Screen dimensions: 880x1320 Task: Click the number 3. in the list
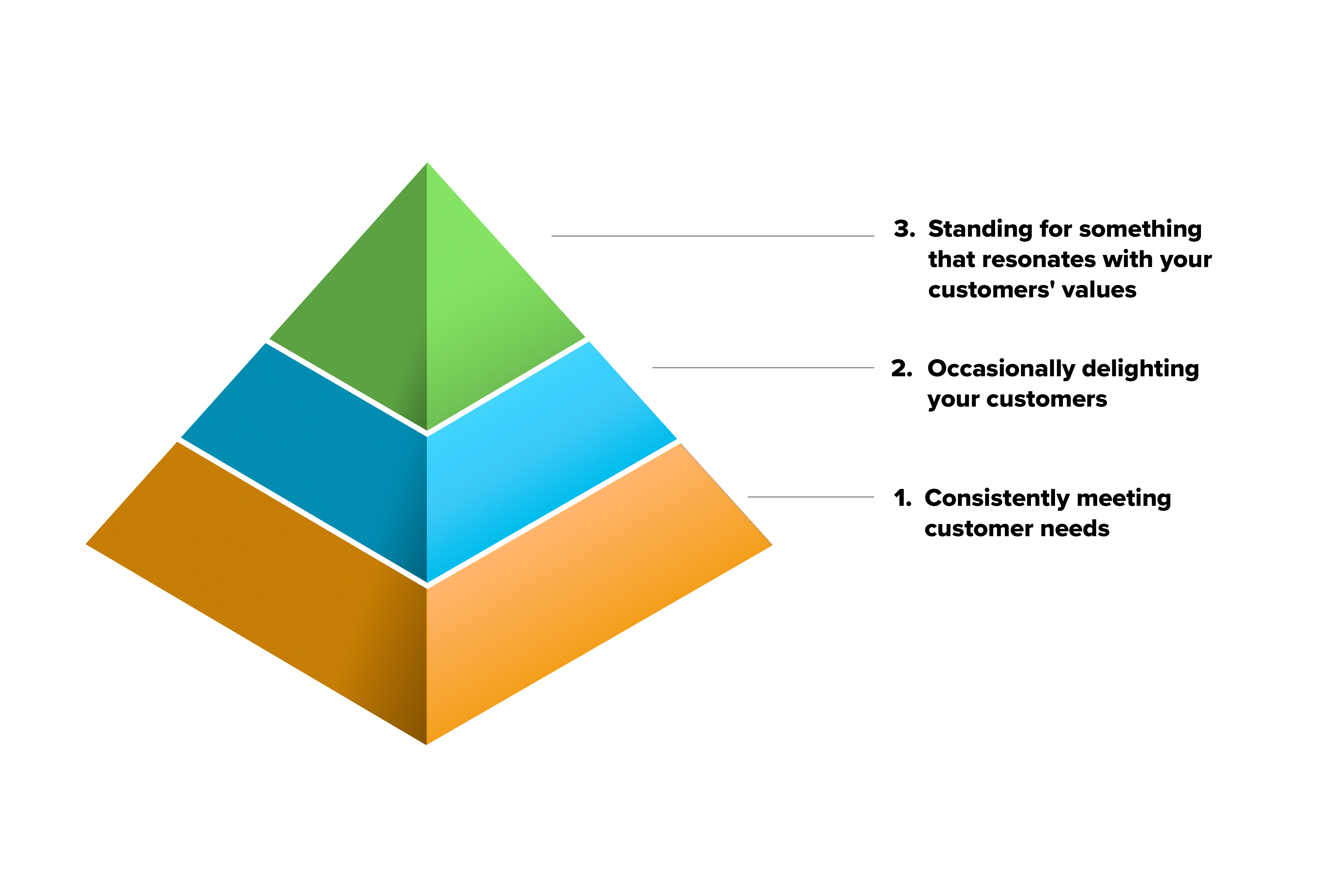[x=904, y=229]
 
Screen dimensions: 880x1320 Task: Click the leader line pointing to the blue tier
[x=763, y=368]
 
